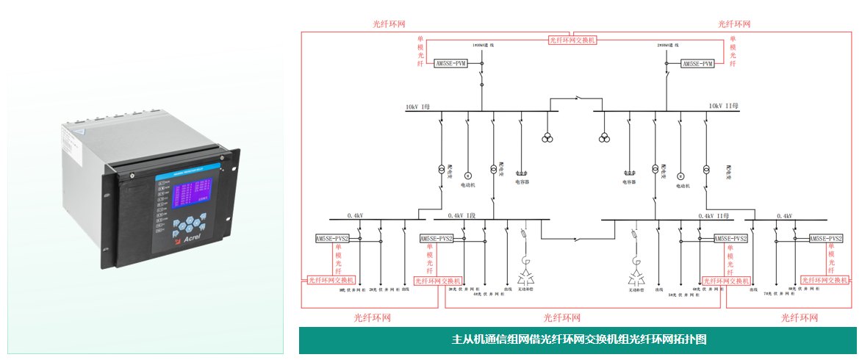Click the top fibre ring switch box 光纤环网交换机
coord(573,40)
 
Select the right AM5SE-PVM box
coord(697,64)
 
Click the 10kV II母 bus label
coord(724,107)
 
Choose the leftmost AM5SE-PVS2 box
coord(331,239)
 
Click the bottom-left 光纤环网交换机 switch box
coord(331,280)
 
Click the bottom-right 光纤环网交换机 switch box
coord(824,280)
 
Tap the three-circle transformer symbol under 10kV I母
coord(547,137)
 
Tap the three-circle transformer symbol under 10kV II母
coord(604,137)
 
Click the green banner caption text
coord(578,340)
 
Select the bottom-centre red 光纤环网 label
coord(561,318)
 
